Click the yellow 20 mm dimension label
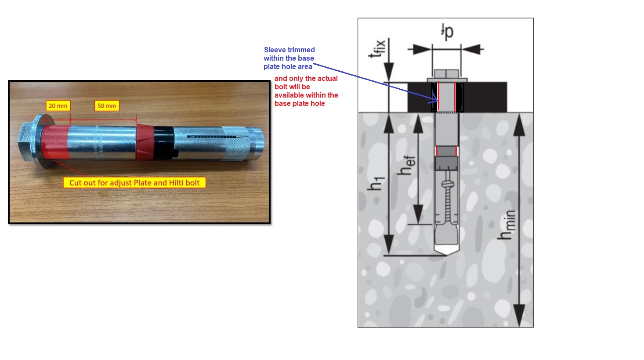tap(58, 106)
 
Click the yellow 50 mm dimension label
tap(107, 106)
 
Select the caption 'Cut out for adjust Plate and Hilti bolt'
tap(134, 183)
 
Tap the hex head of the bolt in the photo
tap(27, 140)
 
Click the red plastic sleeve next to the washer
tap(57, 142)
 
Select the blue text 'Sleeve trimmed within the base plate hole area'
tap(289, 58)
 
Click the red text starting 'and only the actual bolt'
tap(306, 91)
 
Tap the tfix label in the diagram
tap(377, 48)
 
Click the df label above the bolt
tap(447, 31)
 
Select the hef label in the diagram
tap(406, 165)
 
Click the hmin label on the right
tap(506, 225)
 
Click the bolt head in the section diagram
tap(446, 73)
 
